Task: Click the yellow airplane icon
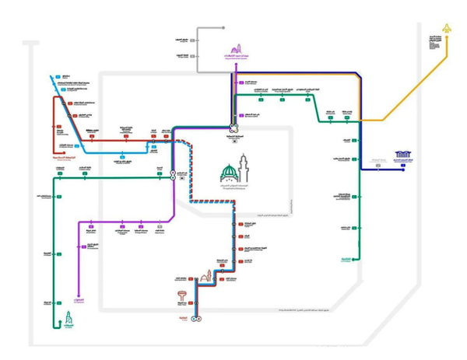coord(446,30)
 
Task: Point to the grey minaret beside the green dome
coord(244,168)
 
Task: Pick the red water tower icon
coord(182,298)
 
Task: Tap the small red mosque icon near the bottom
coord(206,277)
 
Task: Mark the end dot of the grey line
coord(199,28)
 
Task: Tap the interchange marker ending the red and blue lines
coord(196,319)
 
